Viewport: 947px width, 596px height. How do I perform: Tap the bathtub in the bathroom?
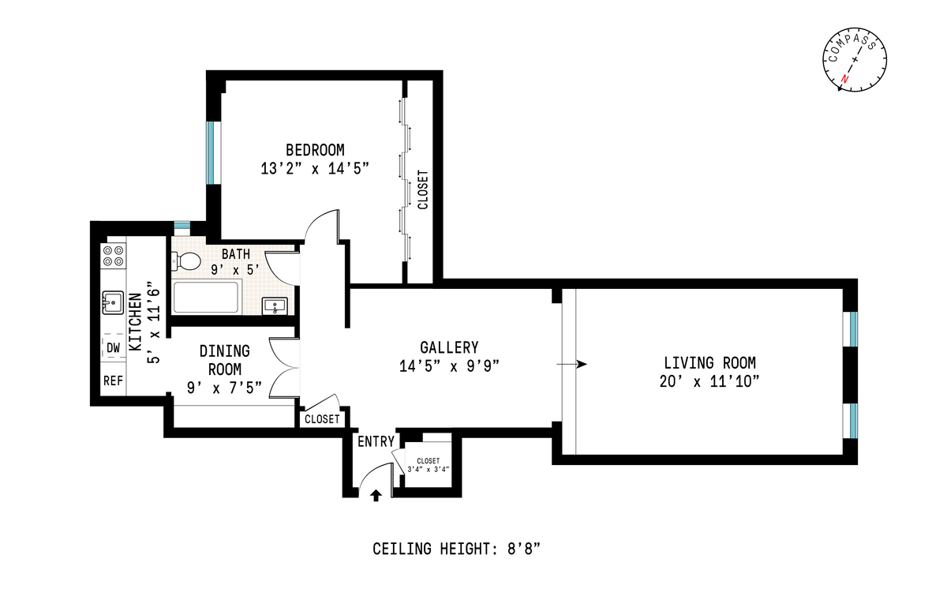206,297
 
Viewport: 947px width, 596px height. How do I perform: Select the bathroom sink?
275,305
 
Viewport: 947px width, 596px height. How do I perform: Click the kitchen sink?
113,302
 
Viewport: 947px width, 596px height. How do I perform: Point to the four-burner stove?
114,256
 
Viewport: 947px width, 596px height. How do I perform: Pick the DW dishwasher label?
114,347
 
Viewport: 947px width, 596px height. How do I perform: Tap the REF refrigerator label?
114,380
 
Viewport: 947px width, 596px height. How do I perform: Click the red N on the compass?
844,79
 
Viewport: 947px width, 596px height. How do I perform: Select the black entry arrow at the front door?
376,495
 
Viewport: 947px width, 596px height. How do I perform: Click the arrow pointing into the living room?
571,364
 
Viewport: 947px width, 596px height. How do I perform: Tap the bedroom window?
214,152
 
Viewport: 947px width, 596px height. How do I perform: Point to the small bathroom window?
182,226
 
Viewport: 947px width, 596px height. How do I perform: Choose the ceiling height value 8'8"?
524,549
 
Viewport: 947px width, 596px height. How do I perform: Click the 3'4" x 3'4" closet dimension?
429,469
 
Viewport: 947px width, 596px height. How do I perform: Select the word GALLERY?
449,347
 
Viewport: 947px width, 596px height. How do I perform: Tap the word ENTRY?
376,441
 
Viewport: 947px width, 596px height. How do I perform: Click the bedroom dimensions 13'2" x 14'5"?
315,168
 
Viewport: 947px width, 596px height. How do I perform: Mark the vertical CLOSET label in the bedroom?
423,189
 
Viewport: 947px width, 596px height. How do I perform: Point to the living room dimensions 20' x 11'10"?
709,381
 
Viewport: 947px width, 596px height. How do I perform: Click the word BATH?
236,254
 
